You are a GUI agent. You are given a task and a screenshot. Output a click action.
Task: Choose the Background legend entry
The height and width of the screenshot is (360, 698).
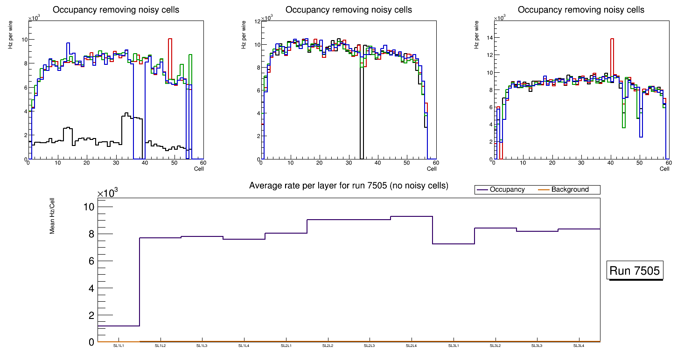570,190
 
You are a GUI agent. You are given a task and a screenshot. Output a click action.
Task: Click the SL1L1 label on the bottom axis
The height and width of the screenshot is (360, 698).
119,346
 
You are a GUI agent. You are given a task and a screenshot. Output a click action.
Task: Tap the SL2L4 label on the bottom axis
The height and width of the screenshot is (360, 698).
411,346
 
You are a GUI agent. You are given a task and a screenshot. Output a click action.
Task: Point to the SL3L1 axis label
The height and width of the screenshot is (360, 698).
453,346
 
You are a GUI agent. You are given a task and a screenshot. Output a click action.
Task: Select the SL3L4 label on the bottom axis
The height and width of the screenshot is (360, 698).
579,346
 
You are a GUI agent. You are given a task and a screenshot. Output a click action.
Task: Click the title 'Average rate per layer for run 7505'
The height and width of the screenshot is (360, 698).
349,186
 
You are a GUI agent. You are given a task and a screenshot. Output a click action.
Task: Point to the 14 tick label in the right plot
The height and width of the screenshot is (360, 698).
490,37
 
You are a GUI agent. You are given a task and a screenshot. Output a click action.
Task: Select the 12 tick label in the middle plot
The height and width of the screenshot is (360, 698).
257,22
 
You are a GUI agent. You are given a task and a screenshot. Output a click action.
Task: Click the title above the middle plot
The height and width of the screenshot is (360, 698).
349,10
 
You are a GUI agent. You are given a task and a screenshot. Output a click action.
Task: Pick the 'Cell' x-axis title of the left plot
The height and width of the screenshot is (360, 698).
199,169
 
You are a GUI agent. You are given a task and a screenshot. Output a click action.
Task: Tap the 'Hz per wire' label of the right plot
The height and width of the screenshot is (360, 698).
476,35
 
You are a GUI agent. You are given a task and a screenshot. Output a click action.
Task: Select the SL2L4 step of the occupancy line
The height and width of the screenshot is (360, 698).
411,216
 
